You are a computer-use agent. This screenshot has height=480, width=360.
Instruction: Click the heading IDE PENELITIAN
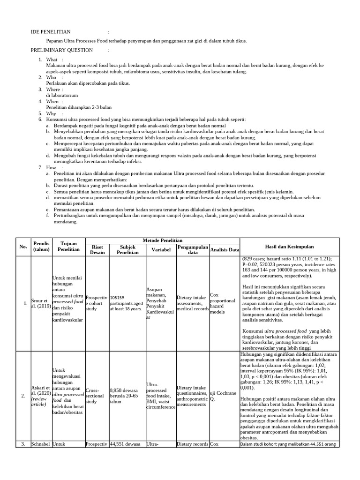51,32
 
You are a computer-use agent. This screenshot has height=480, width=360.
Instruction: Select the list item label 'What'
52,60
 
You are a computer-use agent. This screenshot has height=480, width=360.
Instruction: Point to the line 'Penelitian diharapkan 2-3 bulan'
79,107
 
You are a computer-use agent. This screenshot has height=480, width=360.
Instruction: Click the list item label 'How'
51,167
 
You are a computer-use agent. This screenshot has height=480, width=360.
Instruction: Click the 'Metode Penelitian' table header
162,240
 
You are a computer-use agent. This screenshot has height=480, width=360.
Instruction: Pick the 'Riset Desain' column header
97,249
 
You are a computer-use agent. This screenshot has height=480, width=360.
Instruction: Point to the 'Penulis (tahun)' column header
41,247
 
